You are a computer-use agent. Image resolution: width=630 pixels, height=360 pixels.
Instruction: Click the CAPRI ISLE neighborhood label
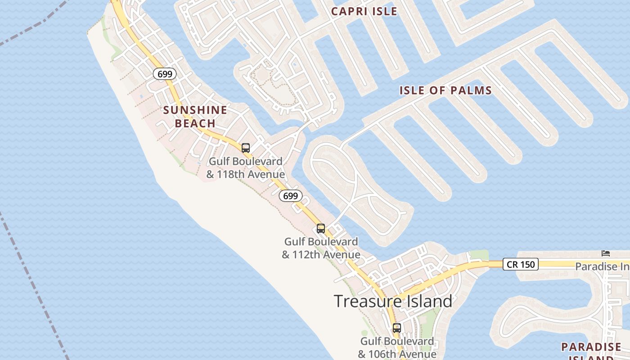[x=364, y=11]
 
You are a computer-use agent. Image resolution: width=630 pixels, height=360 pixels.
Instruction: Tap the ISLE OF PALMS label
[x=445, y=90]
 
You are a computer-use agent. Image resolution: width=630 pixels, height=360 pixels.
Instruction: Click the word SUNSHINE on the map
[x=195, y=110]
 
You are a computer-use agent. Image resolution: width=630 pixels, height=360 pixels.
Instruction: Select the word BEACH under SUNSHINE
[x=195, y=123]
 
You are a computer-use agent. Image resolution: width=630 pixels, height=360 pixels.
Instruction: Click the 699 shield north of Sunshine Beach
[x=165, y=74]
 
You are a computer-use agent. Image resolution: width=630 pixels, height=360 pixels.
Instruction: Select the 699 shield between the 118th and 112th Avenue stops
[x=290, y=196]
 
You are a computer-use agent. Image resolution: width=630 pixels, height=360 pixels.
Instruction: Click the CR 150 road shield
[x=521, y=264]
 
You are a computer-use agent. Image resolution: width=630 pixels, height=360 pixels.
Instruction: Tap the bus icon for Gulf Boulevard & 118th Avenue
[x=245, y=148]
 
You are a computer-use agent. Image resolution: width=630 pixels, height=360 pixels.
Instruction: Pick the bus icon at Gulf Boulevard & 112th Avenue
[x=320, y=228]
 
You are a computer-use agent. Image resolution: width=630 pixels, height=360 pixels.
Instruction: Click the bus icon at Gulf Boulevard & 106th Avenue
[x=396, y=328]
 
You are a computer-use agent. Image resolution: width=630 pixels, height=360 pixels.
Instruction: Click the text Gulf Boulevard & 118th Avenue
[x=245, y=168]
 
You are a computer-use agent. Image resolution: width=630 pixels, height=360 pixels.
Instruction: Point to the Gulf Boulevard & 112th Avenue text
[x=321, y=248]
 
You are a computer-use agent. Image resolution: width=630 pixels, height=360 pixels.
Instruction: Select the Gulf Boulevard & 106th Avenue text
[x=397, y=347]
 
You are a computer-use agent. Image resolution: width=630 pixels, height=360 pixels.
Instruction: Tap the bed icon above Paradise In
[x=606, y=253]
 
